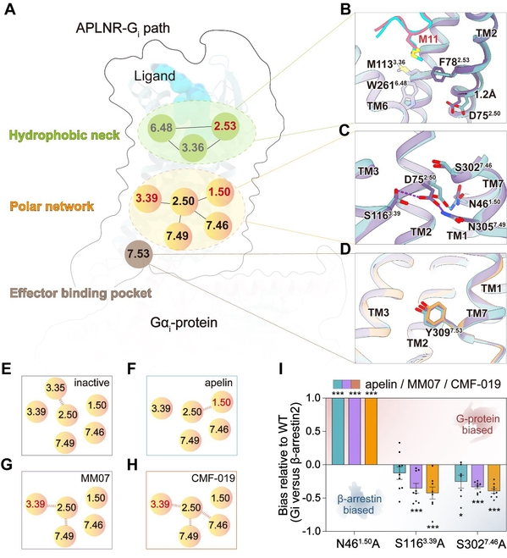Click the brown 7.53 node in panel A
139,254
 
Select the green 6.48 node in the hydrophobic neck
162,128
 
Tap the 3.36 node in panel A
193,147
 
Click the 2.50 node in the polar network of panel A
184,201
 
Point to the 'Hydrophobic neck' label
64,135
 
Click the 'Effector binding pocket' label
80,293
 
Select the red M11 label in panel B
428,39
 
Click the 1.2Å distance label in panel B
485,94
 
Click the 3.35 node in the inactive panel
56,388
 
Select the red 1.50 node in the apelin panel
222,402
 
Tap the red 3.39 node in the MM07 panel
36,504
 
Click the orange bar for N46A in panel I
371,431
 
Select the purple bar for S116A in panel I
416,476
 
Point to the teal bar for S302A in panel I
460,473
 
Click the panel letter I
281,369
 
